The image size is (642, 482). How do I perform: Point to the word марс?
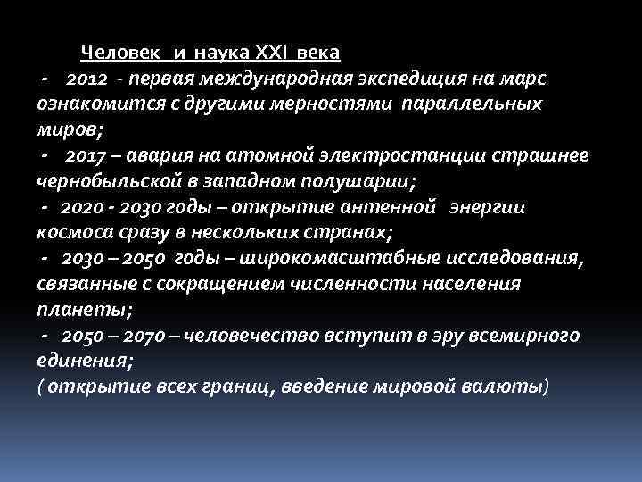tap(528, 79)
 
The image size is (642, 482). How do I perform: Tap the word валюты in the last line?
tap(513, 387)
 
